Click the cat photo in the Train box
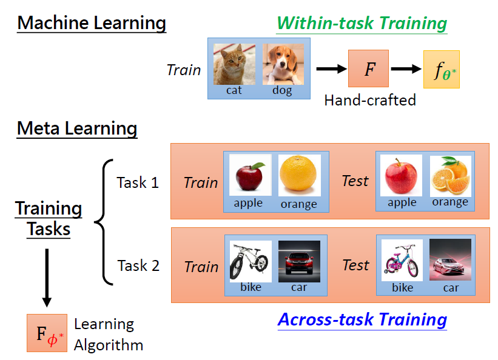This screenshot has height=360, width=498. click(234, 63)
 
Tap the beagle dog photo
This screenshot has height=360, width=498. click(283, 63)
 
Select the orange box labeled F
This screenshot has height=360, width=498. click(369, 68)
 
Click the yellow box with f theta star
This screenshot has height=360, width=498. click(441, 69)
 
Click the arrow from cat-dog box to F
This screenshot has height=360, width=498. click(330, 69)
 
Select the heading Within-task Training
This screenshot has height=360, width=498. click(362, 24)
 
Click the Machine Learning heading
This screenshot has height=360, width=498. click(91, 24)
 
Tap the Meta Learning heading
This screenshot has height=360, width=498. click(77, 128)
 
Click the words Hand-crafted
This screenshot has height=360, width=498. click(370, 100)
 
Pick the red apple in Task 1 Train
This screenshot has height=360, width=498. click(249, 176)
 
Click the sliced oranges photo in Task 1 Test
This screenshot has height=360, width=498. click(450, 175)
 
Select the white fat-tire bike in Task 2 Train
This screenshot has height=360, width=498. click(250, 261)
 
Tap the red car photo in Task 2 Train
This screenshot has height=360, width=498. click(298, 261)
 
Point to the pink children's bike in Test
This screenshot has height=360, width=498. click(402, 260)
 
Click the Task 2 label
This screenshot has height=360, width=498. click(138, 265)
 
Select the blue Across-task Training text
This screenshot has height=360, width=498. click(362, 319)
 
